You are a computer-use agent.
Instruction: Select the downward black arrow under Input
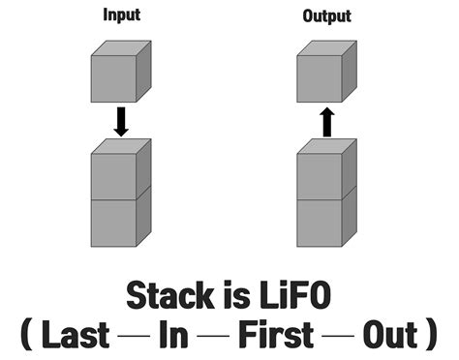(121, 121)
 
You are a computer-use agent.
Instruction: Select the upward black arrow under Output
(327, 121)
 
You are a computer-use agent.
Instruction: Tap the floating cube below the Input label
(119, 75)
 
